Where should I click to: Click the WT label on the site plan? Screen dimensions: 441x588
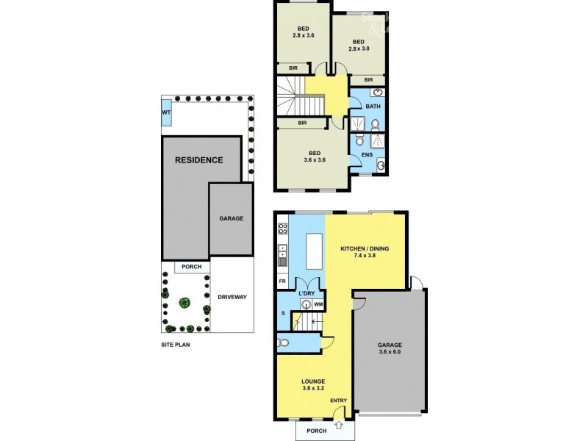coord(167,112)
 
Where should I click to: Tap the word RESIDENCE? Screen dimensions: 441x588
coord(198,159)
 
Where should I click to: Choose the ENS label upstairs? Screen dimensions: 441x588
coord(367,155)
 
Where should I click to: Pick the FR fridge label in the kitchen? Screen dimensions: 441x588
coord(282,282)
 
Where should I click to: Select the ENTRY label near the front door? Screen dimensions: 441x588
coord(338,401)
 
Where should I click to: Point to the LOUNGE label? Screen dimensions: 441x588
coord(314,381)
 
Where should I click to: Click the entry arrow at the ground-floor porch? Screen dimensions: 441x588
coord(337,426)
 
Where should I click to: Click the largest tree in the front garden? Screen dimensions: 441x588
coord(184,302)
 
